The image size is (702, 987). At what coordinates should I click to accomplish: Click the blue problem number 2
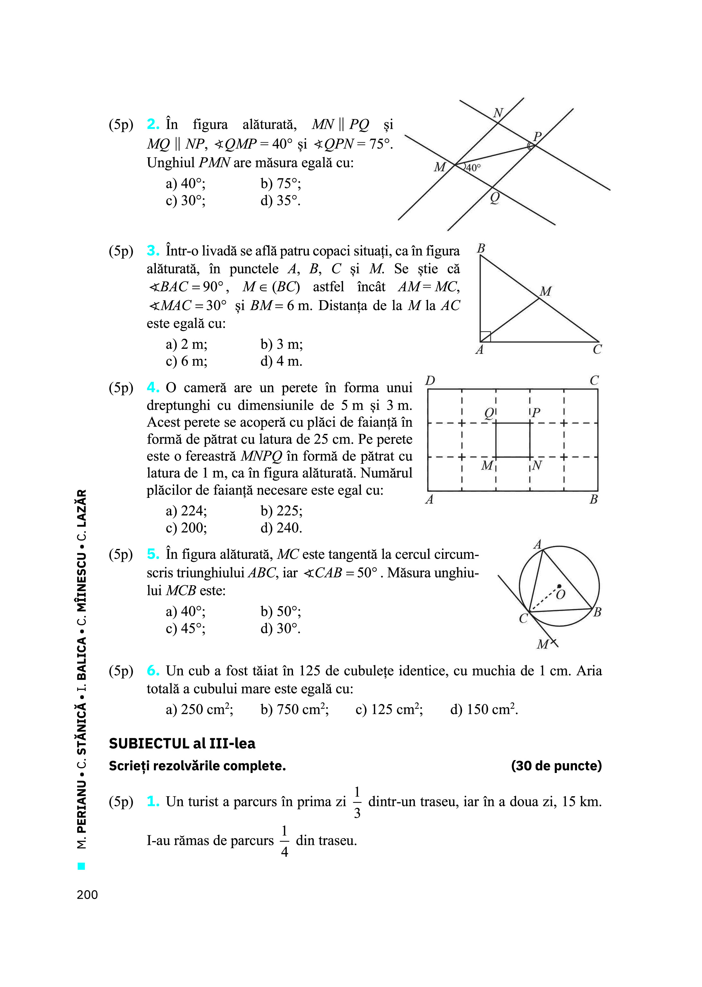153,124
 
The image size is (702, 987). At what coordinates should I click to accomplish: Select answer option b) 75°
280,184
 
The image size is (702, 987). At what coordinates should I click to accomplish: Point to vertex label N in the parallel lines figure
498,113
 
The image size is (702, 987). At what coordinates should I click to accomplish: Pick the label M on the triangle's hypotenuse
546,292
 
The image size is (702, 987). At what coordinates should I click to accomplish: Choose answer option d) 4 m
281,361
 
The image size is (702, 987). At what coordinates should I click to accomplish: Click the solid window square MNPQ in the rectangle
513,440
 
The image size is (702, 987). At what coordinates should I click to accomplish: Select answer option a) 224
186,511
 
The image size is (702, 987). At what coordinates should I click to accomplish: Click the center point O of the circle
559,586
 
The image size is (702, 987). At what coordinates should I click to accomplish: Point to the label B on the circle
597,612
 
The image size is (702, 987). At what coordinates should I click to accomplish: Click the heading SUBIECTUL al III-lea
182,744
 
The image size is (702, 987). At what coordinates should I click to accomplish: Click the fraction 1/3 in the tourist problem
357,803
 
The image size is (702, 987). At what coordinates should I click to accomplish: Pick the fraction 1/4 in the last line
284,841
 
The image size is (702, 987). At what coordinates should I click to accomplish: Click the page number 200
87,894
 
